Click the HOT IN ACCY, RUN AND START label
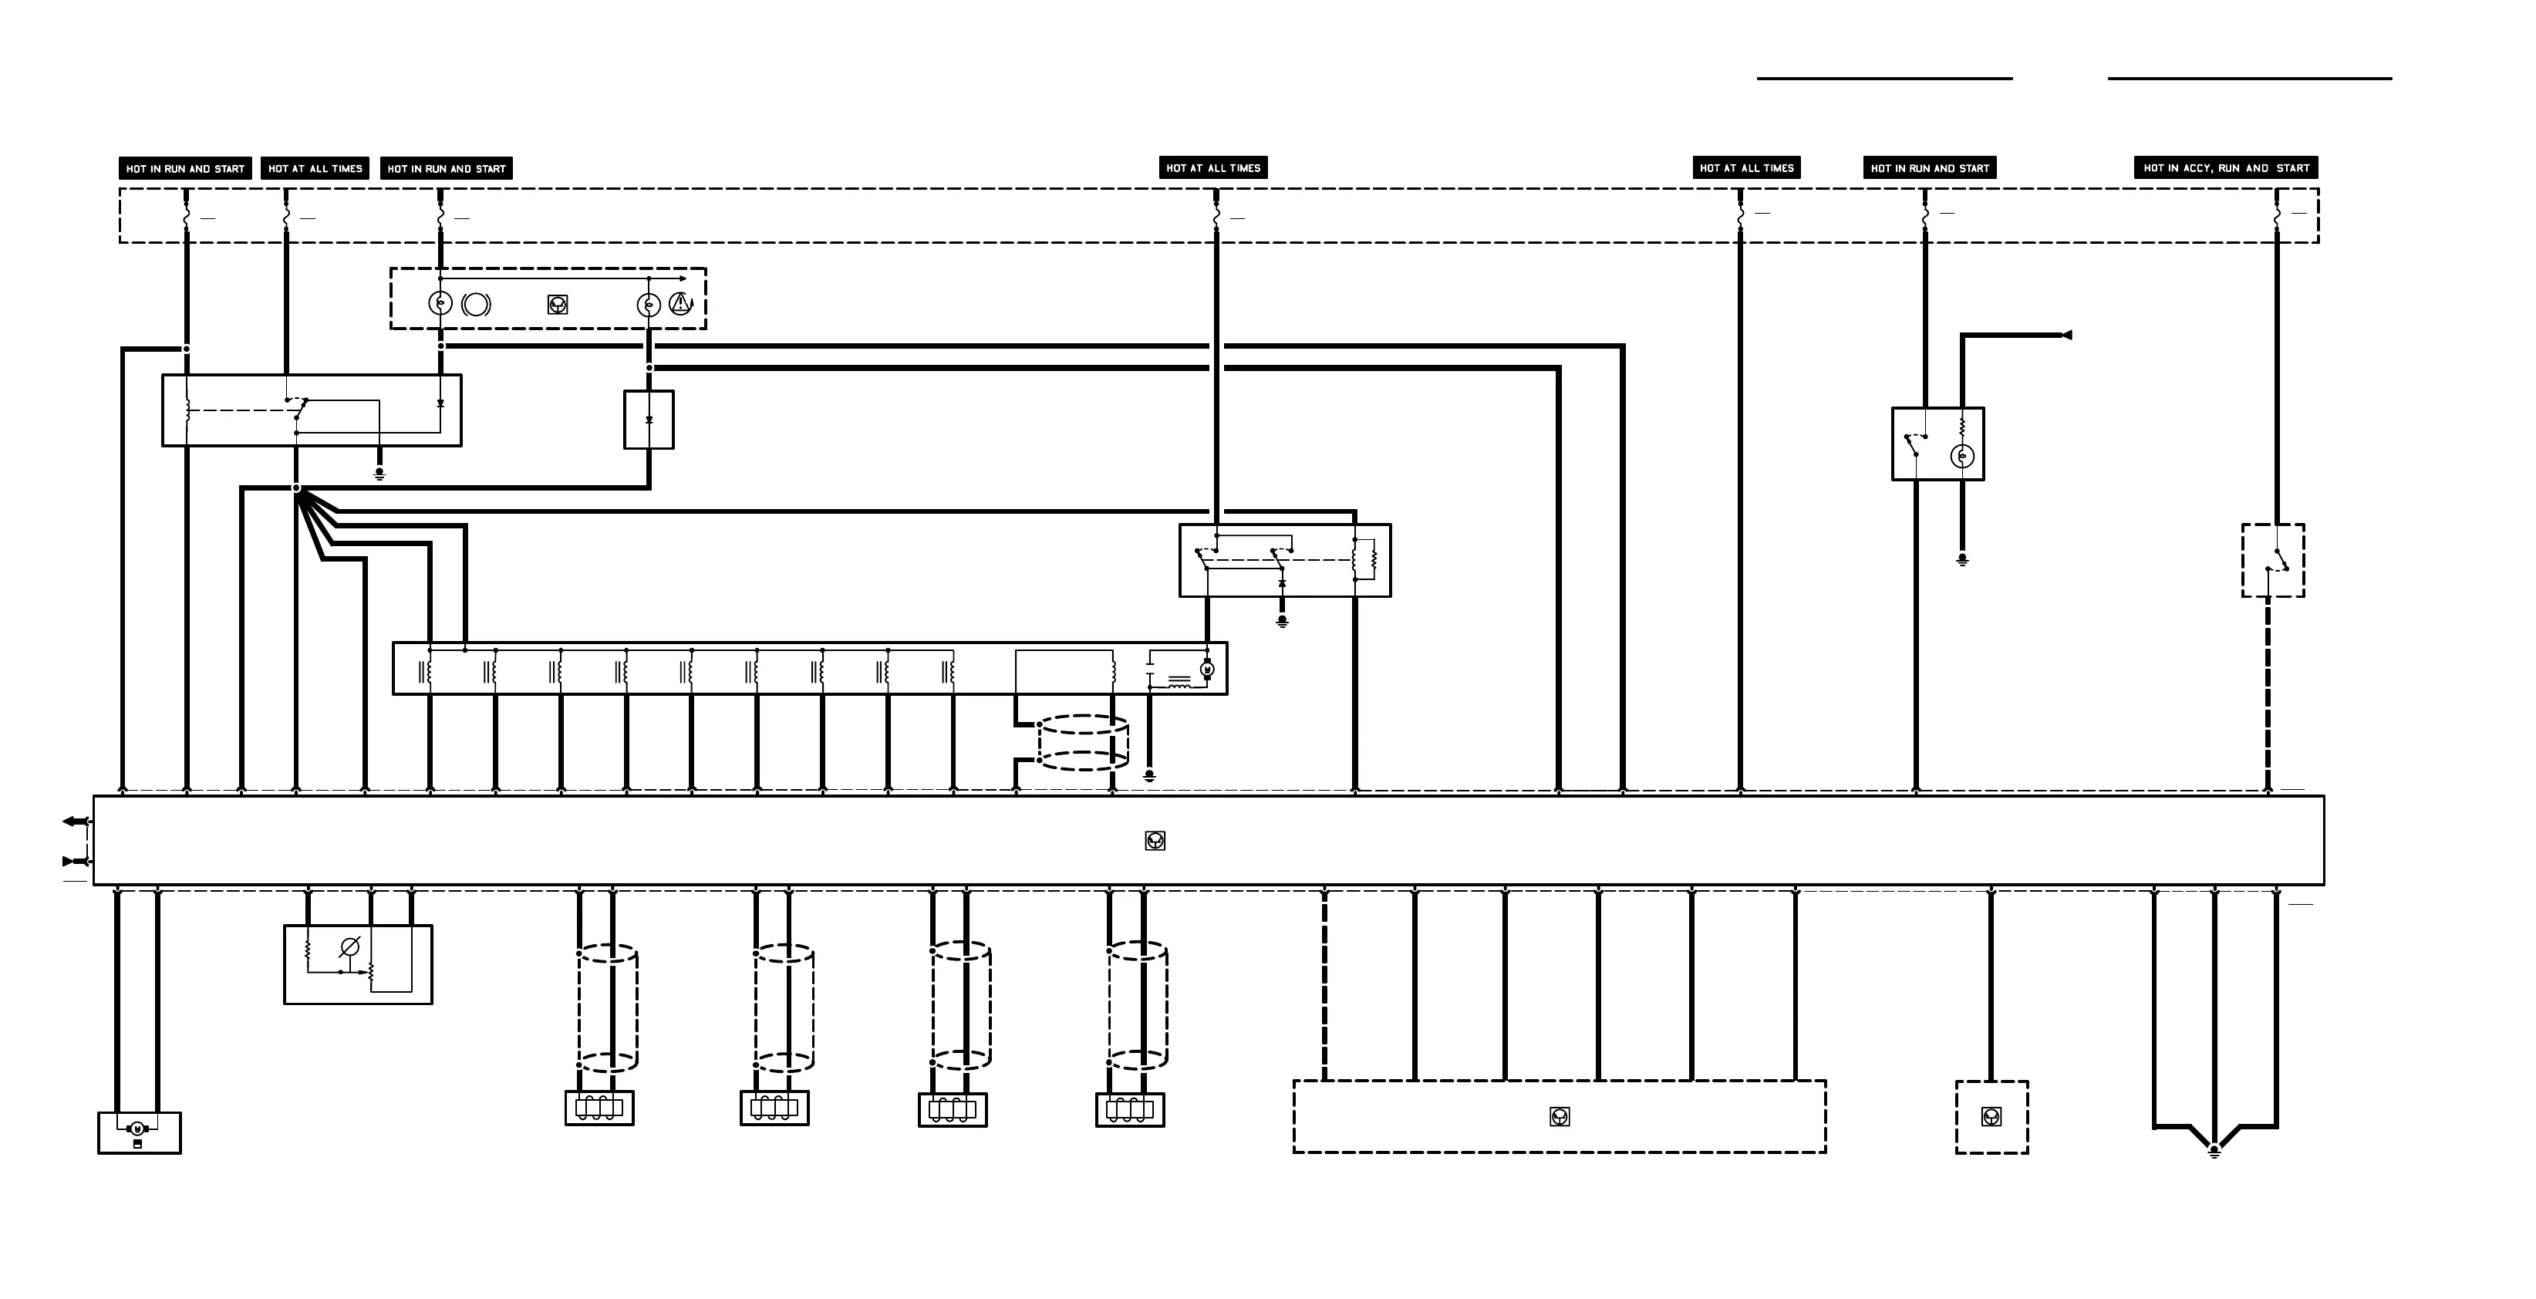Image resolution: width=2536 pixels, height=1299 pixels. (2226, 168)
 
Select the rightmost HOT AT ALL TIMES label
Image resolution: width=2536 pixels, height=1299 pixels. (1746, 168)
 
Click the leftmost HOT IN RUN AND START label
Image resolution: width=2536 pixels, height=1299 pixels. (185, 168)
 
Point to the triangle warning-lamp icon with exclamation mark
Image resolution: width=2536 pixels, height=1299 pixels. (680, 305)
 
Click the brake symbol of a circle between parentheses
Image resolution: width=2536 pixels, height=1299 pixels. (475, 305)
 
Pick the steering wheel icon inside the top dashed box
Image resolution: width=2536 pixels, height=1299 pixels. (557, 305)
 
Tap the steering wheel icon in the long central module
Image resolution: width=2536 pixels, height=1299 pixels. (1155, 840)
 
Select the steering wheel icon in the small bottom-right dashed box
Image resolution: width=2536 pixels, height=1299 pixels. (1991, 1117)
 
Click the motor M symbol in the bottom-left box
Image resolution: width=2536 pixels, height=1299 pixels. (138, 1128)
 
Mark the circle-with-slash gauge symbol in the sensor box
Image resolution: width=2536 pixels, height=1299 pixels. (349, 947)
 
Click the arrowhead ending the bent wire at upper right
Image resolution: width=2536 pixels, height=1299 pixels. (2066, 336)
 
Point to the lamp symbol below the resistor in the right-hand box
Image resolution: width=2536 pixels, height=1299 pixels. (1962, 456)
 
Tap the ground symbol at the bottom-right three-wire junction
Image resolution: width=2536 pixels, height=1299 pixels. (2214, 1150)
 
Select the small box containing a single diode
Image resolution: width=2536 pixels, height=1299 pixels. (649, 420)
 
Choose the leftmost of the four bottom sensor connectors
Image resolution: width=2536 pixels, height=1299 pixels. (599, 1108)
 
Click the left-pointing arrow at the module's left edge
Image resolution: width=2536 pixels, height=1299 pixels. (72, 822)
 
